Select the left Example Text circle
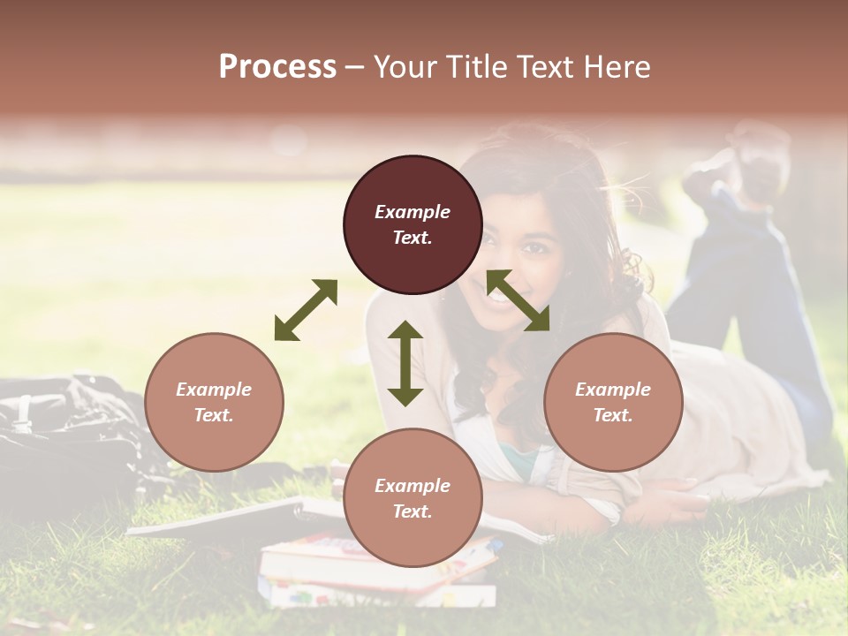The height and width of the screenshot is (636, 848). click(x=214, y=402)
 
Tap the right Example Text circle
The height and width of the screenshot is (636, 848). click(x=613, y=402)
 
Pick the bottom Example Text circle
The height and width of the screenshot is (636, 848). click(x=413, y=497)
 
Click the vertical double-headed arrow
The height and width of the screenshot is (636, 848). click(x=405, y=363)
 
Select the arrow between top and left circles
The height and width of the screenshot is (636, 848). click(x=306, y=309)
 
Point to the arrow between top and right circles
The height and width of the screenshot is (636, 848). click(x=518, y=300)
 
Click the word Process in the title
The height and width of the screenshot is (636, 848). click(x=277, y=66)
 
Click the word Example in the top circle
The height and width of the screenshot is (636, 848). click(x=413, y=212)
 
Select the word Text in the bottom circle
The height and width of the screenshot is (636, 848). click(x=413, y=511)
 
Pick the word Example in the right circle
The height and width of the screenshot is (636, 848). click(x=613, y=390)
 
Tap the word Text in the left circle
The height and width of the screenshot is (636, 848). click(x=214, y=415)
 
